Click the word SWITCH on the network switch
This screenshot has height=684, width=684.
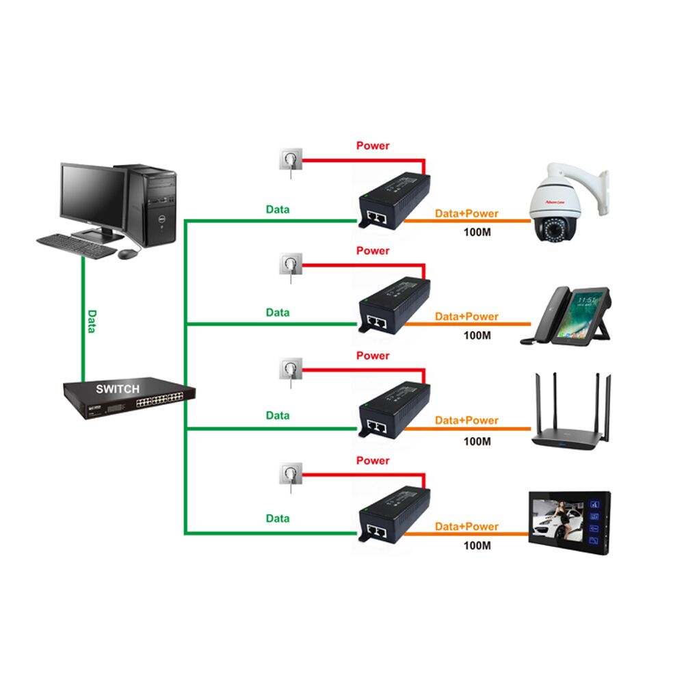coord(118,389)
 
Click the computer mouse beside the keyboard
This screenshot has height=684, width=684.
coord(127,253)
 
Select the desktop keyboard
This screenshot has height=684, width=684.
coord(76,246)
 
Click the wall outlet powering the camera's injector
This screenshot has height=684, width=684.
coord(288,162)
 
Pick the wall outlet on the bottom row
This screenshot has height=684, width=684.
coord(288,474)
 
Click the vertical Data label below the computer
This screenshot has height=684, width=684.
coord(92,321)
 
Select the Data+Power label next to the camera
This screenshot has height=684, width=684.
coord(467,213)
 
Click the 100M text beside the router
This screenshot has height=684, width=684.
coord(477,441)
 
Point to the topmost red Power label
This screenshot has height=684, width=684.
coord(373,146)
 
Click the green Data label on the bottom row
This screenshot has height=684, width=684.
coord(278,518)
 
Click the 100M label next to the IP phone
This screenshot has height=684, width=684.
coord(477,335)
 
